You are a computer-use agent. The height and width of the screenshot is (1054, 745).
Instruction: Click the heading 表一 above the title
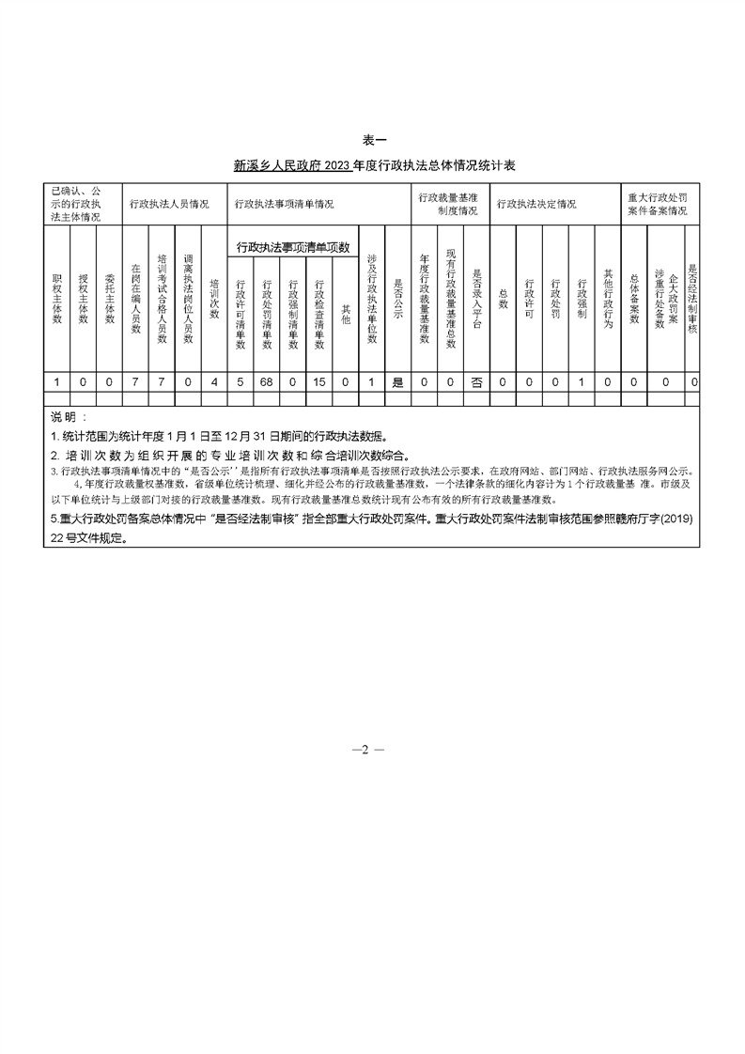pyautogui.click(x=373, y=140)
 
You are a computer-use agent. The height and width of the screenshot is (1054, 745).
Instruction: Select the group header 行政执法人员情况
pyautogui.click(x=169, y=204)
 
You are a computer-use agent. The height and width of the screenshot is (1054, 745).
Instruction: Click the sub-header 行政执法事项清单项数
pyautogui.click(x=292, y=248)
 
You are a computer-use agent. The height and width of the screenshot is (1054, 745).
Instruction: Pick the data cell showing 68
pyautogui.click(x=267, y=381)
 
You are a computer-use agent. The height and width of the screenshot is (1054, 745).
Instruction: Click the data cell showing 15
pyautogui.click(x=319, y=381)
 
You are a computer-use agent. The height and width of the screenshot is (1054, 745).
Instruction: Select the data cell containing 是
pyautogui.click(x=396, y=381)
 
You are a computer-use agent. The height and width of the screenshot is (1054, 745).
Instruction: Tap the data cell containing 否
pyautogui.click(x=476, y=381)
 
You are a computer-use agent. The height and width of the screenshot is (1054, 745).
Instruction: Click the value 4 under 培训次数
pyautogui.click(x=214, y=381)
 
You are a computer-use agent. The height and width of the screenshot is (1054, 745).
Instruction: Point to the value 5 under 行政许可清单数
pyautogui.click(x=241, y=381)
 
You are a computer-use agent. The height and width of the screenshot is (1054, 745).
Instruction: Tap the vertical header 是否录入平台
pyautogui.click(x=476, y=299)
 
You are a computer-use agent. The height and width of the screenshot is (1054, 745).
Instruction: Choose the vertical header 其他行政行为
pyautogui.click(x=608, y=299)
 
